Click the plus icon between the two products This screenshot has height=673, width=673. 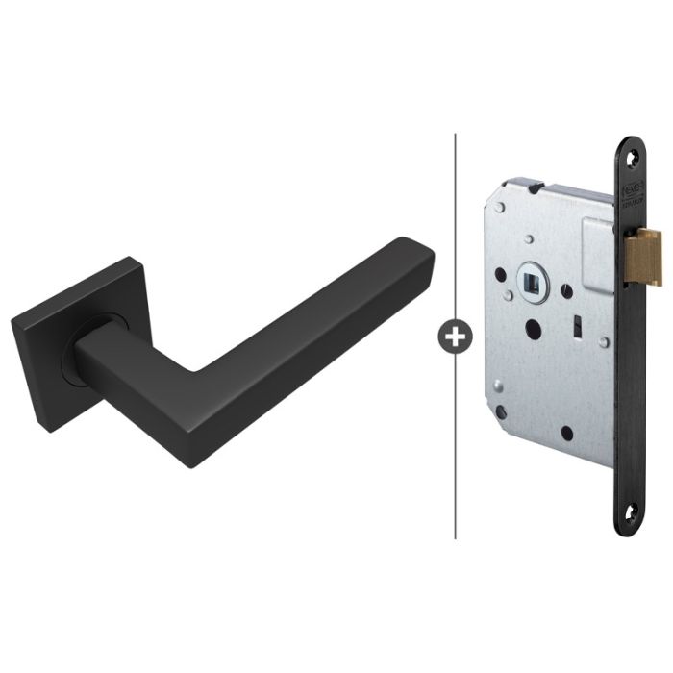pos(454,336)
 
